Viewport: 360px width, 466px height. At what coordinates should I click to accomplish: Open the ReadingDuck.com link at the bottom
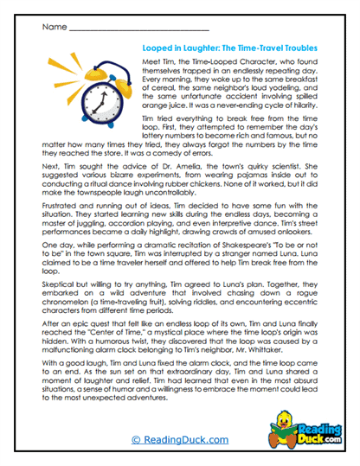[x=179, y=439]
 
